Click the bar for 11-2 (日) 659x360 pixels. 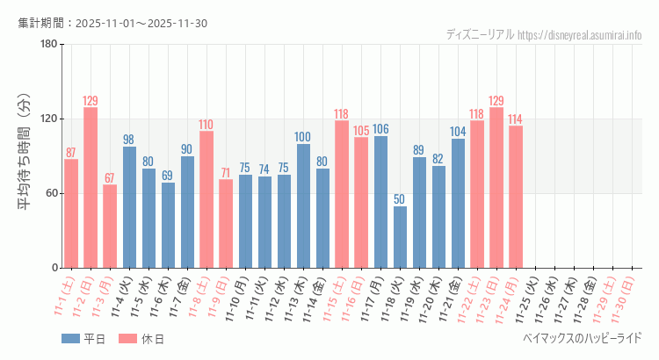(x=91, y=187)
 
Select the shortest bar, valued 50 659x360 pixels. (x=400, y=237)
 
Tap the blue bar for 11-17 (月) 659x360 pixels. (x=380, y=202)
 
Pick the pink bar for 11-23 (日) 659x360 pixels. (x=496, y=187)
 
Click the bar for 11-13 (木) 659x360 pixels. (x=303, y=205)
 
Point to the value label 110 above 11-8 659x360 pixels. (x=206, y=124)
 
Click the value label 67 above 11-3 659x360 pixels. (x=110, y=178)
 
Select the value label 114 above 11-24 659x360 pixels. (x=516, y=119)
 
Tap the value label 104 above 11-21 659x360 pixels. (x=458, y=132)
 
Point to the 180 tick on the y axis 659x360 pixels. (x=48, y=45)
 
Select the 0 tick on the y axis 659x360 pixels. (x=54, y=268)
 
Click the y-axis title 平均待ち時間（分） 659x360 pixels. (x=25, y=156)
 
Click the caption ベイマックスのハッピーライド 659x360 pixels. (x=582, y=337)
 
